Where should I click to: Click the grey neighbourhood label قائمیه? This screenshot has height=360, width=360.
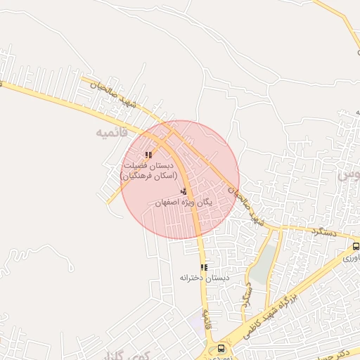(x=113, y=132)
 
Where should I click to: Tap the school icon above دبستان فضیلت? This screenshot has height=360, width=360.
(x=148, y=155)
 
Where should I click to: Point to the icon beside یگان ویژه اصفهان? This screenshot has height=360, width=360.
(x=184, y=191)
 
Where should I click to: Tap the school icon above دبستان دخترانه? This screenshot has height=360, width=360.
(x=204, y=267)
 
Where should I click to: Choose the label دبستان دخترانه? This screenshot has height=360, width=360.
(x=205, y=278)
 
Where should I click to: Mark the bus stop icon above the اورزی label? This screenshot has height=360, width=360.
(x=356, y=247)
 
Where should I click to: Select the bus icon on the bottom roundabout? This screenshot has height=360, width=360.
(x=221, y=348)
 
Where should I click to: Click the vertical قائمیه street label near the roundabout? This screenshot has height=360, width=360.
(x=208, y=320)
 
